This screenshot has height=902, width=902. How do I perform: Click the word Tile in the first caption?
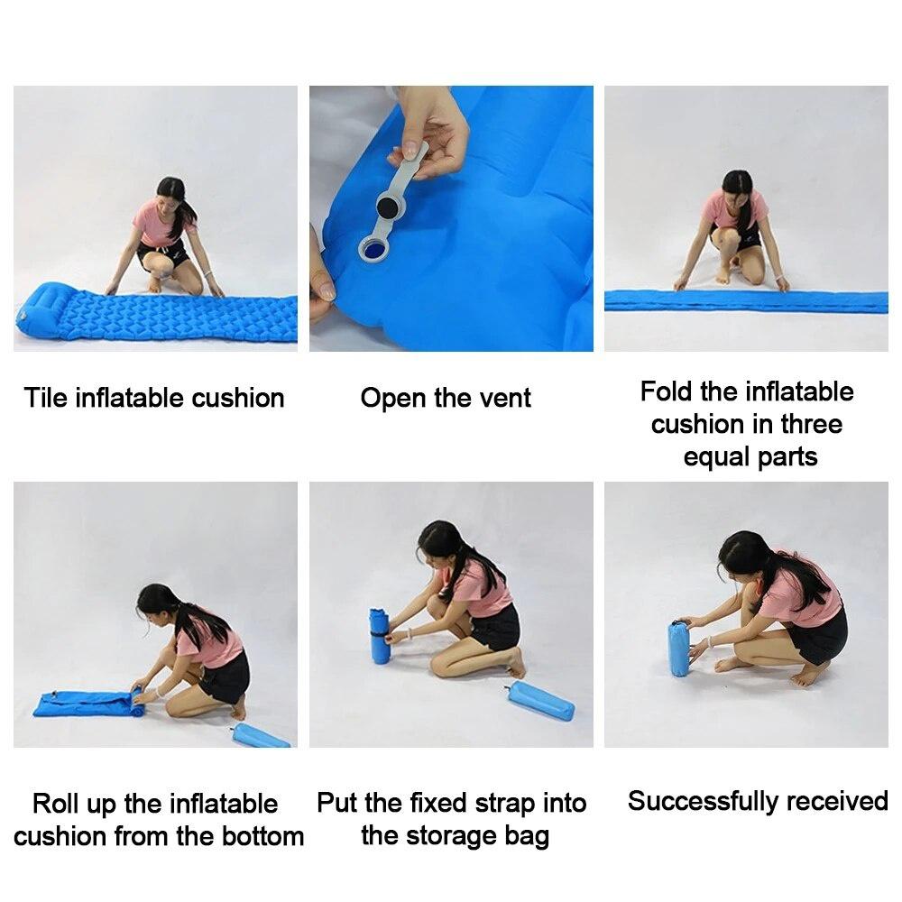46,398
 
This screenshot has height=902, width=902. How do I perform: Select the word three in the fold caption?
812,424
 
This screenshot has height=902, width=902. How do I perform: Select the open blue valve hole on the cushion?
373,247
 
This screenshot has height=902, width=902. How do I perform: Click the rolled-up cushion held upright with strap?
379,636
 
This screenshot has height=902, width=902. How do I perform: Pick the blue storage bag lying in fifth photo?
540,701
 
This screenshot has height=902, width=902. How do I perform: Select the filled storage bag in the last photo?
679,647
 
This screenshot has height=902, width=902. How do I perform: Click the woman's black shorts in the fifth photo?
497,627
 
